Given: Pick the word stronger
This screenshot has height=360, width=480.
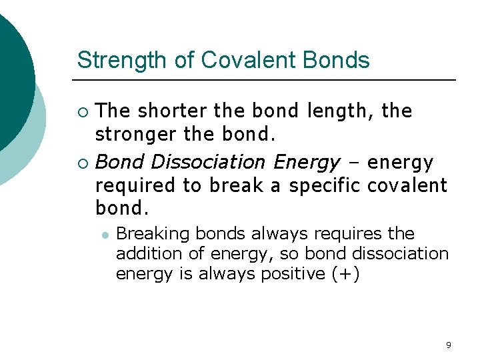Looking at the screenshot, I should point(136,134).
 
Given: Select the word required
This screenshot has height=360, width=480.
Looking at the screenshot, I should point(131,185).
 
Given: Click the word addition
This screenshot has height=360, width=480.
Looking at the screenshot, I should point(142,254).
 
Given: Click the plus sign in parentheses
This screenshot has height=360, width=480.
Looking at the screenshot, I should point(345,274).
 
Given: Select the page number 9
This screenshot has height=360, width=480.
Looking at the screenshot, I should point(448,345).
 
